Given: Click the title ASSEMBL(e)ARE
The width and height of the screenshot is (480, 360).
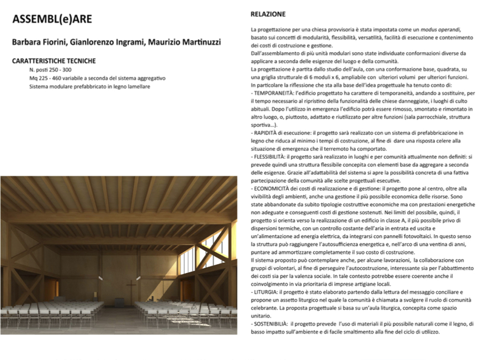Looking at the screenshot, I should (x=52, y=19).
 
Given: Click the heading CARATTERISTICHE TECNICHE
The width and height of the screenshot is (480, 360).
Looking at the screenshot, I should (x=54, y=61).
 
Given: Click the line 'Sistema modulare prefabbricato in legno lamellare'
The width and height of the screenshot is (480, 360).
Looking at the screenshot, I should (x=90, y=87).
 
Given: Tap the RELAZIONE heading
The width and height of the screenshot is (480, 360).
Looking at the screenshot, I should (x=268, y=15).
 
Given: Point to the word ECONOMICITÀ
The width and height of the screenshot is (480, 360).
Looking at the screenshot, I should (x=273, y=187).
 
